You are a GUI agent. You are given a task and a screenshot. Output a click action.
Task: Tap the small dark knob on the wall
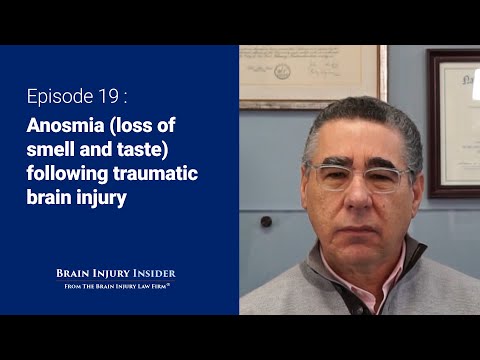(266, 222)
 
